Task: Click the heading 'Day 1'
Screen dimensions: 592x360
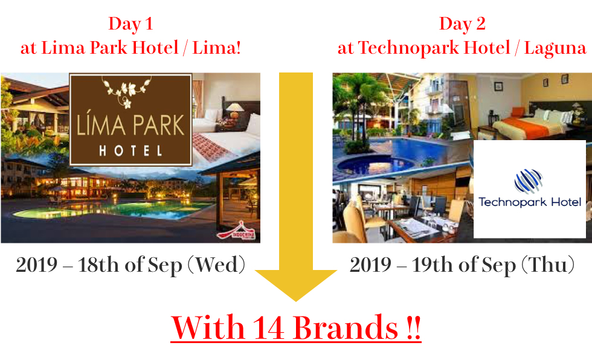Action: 130,24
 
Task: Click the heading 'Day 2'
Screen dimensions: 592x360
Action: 462,24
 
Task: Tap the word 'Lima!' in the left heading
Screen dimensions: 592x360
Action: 216,48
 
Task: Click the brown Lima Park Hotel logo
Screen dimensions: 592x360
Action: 130,120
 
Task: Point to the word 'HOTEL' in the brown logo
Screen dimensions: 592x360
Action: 130,152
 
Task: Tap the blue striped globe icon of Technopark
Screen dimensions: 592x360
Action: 529,181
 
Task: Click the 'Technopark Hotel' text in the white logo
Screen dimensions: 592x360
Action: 530,202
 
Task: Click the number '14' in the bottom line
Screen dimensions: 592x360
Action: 268,327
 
